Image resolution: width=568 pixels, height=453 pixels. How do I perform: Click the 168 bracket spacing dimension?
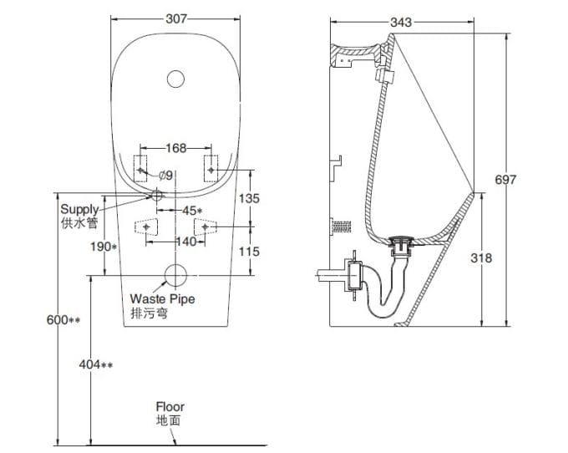click(175, 148)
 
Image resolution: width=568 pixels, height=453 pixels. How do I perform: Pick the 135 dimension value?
click(249, 199)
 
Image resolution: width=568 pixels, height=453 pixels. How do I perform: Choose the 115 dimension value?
click(249, 251)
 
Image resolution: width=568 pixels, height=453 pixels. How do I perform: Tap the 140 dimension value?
click(185, 242)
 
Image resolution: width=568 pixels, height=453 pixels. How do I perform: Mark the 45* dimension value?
click(193, 211)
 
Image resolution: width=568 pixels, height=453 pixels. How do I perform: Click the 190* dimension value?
click(104, 247)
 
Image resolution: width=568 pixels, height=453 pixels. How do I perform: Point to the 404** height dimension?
click(95, 364)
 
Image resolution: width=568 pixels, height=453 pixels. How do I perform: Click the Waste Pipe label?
click(162, 298)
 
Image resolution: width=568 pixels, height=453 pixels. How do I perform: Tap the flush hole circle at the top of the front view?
click(175, 79)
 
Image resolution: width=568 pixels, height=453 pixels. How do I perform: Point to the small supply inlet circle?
click(155, 195)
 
